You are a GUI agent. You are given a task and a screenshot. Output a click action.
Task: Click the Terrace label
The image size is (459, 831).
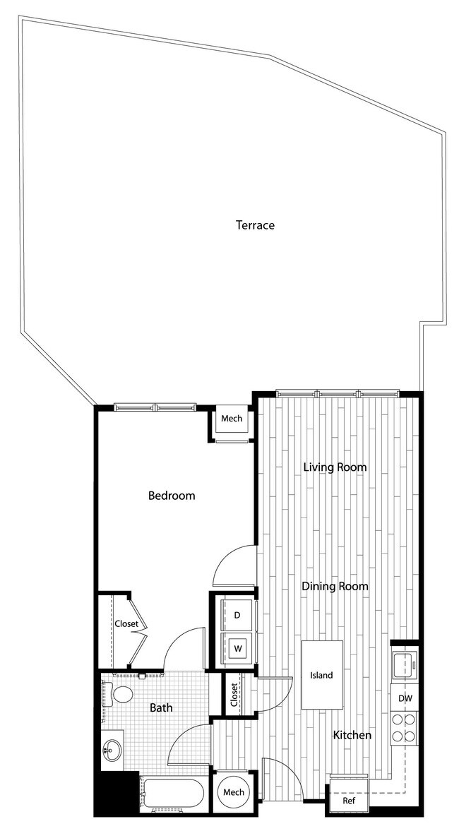pyautogui.click(x=255, y=225)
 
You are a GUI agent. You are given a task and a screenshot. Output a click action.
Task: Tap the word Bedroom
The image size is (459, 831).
pyautogui.click(x=171, y=496)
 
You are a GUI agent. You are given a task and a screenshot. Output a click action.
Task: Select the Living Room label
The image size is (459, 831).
pyautogui.click(x=335, y=467)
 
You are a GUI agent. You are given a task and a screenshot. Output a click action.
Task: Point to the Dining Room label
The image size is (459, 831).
pyautogui.click(x=335, y=586)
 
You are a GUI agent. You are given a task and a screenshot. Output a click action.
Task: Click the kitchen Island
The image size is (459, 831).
pyautogui.click(x=322, y=675)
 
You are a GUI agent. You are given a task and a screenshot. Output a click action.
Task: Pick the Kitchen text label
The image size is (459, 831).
pyautogui.click(x=352, y=735)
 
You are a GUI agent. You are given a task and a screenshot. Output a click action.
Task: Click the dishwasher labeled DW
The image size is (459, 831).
pyautogui.click(x=405, y=698)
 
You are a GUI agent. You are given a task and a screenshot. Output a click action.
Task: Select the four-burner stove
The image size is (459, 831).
pyautogui.click(x=405, y=727)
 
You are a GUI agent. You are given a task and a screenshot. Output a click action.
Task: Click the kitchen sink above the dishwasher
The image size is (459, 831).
pyautogui.click(x=405, y=663)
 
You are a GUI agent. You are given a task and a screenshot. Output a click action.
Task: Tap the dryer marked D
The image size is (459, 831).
pyautogui.click(x=237, y=615)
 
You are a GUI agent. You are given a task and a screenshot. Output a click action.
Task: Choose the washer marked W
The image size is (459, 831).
pyautogui.click(x=238, y=648)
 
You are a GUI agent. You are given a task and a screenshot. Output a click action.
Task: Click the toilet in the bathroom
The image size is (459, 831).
pyautogui.click(x=121, y=695)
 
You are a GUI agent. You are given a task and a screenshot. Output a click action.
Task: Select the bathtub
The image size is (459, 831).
pyautogui.click(x=173, y=794)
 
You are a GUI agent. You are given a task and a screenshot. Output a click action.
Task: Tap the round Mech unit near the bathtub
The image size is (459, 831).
pyautogui.click(x=234, y=792)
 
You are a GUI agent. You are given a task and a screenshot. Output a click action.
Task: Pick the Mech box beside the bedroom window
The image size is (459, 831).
pyautogui.click(x=232, y=419)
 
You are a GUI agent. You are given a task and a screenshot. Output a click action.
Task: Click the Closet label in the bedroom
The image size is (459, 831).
pyautogui.click(x=126, y=623)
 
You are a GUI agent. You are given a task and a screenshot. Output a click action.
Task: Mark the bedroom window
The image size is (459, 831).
pyautogui.click(x=155, y=407)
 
